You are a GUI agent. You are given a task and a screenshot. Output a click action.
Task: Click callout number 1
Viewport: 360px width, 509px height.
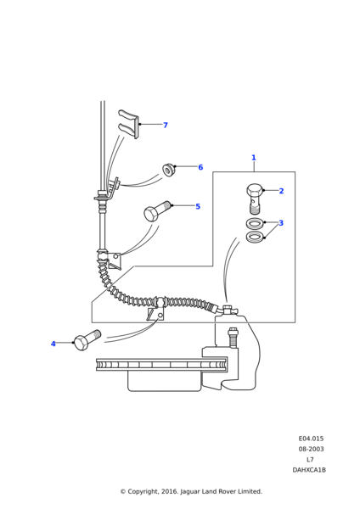tap(254, 158)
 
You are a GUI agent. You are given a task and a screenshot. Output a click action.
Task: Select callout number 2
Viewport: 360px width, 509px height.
tap(281, 191)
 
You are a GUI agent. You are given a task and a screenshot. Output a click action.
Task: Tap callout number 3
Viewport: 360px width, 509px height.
tap(281, 223)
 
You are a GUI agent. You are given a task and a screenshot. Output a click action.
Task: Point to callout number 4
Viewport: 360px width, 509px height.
tap(53, 344)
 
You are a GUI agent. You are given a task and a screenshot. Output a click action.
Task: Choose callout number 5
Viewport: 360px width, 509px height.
tap(198, 206)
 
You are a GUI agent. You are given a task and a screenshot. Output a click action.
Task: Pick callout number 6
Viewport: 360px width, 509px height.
tap(200, 167)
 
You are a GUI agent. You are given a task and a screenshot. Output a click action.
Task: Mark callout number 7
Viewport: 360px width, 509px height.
tap(166, 125)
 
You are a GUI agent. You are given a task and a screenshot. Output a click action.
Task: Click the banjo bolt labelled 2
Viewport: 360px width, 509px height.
tap(255, 198)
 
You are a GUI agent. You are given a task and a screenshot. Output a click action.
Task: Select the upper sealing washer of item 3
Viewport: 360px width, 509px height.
tap(255, 224)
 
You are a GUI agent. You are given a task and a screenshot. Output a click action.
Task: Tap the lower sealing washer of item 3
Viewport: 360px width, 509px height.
tap(255, 237)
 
